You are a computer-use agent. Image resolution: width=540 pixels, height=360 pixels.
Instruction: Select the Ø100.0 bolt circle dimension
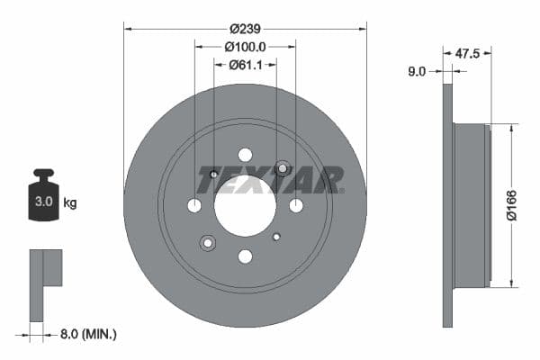tap(245, 46)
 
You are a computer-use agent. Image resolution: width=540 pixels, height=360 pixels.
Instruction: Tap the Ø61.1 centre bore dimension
tap(245, 64)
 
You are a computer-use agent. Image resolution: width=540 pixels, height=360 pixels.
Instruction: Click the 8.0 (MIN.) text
tap(86, 334)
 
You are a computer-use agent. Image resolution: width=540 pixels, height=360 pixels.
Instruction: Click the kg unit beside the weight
tap(69, 203)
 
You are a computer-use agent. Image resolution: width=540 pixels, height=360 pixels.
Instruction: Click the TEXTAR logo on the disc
tap(269, 179)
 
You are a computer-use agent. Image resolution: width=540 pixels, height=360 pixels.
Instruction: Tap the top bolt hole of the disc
tap(245, 155)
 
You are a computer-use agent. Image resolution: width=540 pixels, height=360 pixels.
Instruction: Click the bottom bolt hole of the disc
tap(245, 256)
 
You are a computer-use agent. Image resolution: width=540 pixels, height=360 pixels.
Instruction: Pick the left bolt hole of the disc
tap(194, 206)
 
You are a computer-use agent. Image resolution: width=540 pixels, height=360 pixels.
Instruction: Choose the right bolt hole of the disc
tap(296, 206)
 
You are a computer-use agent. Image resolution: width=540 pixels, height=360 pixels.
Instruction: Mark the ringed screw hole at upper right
tap(282, 168)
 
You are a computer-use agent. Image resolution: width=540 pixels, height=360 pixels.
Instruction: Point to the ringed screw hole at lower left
tap(209, 242)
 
